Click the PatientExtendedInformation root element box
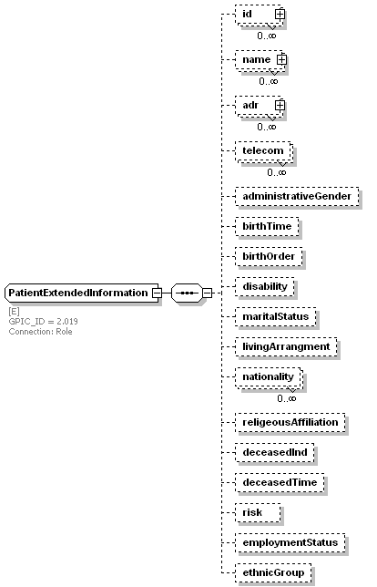[83, 293]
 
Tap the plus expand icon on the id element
[280, 15]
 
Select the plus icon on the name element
[281, 59]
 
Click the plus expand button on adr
[280, 105]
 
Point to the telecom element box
[264, 151]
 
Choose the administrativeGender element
[297, 197]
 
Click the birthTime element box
[267, 226]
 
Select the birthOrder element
[269, 256]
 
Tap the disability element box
[265, 287]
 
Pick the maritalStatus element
[276, 316]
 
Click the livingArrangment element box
[286, 346]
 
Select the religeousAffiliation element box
[290, 423]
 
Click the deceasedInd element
[275, 453]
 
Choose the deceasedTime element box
[280, 482]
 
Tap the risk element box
[258, 513]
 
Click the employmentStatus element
[290, 543]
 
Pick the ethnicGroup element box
[273, 572]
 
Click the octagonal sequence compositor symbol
[187, 293]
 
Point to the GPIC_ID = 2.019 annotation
[44, 321]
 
